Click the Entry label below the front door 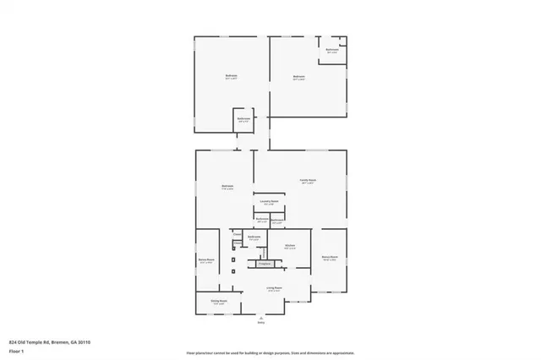(261, 323)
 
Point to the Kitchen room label (288, 247)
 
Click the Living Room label (274, 288)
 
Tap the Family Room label (307, 180)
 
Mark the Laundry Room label (270, 203)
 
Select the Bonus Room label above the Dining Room (206, 260)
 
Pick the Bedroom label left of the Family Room (227, 186)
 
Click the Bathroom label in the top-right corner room (333, 50)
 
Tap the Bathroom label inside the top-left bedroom (243, 118)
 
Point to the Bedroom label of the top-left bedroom (231, 76)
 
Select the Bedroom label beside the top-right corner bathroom (298, 76)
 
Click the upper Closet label (238, 234)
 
